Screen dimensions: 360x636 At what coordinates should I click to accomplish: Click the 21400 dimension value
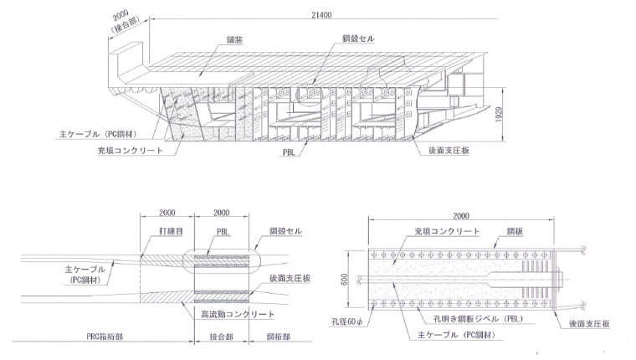pyautogui.click(x=323, y=15)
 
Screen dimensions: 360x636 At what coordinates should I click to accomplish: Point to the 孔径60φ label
pyautogui.click(x=342, y=321)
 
